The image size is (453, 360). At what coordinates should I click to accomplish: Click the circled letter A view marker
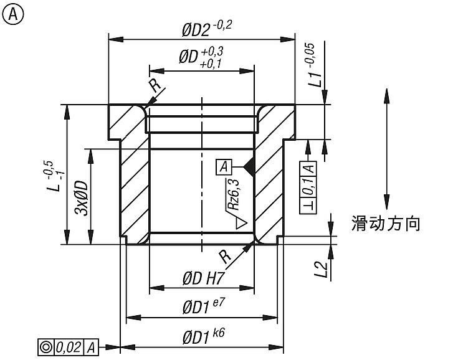[12, 14]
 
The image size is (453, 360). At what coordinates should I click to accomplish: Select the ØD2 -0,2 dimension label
[206, 29]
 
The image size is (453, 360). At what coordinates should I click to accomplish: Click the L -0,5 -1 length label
[53, 176]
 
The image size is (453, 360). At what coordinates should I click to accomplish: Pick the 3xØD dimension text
[81, 198]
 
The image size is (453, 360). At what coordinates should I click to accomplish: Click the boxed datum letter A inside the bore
[224, 167]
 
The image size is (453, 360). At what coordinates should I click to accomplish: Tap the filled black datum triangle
[250, 167]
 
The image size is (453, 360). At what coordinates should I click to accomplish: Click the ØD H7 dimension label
[203, 278]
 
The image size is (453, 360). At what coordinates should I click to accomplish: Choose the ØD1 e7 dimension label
[203, 306]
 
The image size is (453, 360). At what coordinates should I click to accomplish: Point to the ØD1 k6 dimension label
[203, 336]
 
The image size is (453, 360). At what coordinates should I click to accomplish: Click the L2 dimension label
[322, 269]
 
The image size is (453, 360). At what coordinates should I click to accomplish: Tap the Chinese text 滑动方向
[386, 223]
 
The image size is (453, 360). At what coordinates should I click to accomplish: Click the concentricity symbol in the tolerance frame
[45, 347]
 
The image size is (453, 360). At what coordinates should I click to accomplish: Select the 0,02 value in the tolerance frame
[69, 347]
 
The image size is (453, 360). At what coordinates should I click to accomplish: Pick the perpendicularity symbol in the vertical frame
[308, 206]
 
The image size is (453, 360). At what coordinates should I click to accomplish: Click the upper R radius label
[155, 85]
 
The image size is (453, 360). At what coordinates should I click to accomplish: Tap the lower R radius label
[225, 257]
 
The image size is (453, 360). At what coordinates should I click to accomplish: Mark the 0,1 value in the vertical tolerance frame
[308, 186]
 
